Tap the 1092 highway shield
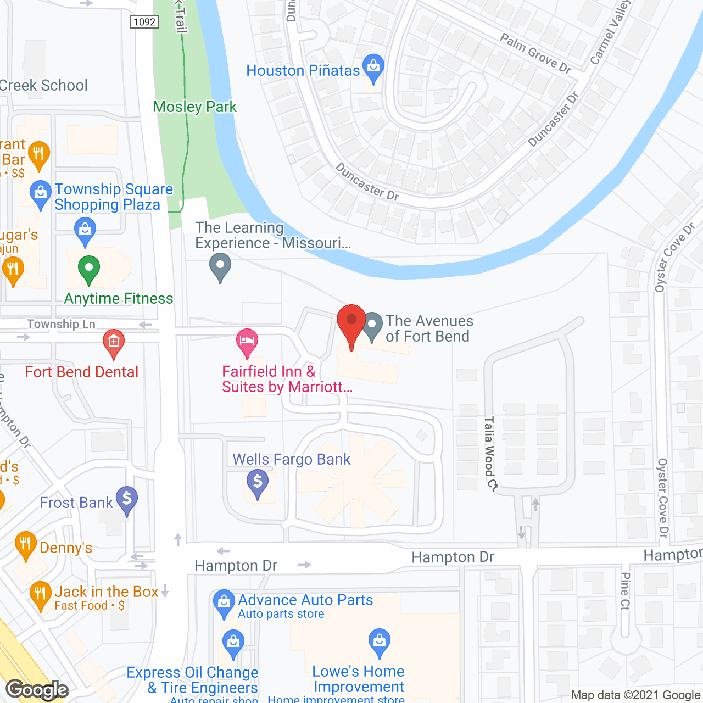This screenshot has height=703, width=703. [144, 22]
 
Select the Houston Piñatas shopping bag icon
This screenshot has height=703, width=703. [373, 68]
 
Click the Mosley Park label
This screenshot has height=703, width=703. [194, 107]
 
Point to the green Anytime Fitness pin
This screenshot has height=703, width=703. [88, 270]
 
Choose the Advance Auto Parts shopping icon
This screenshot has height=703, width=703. [224, 602]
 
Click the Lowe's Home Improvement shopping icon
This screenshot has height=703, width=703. [379, 641]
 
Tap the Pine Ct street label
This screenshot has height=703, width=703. [625, 591]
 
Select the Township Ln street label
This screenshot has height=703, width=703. [61, 324]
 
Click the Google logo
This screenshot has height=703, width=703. [37, 690]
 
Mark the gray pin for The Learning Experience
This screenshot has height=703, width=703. [220, 266]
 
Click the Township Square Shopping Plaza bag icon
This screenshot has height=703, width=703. [40, 194]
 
